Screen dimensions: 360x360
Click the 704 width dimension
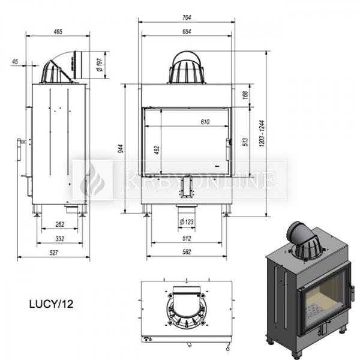click(187, 17)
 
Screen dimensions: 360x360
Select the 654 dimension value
click(187, 31)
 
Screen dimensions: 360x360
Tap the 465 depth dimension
click(58, 31)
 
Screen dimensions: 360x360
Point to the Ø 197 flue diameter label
click(100, 65)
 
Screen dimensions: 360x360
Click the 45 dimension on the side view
click(15, 62)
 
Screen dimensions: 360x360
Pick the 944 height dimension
click(121, 149)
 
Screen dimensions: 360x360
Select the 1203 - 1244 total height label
click(262, 133)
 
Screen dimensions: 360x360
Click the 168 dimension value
click(245, 95)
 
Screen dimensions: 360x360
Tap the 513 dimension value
click(245, 142)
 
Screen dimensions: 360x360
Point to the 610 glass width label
click(205, 122)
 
